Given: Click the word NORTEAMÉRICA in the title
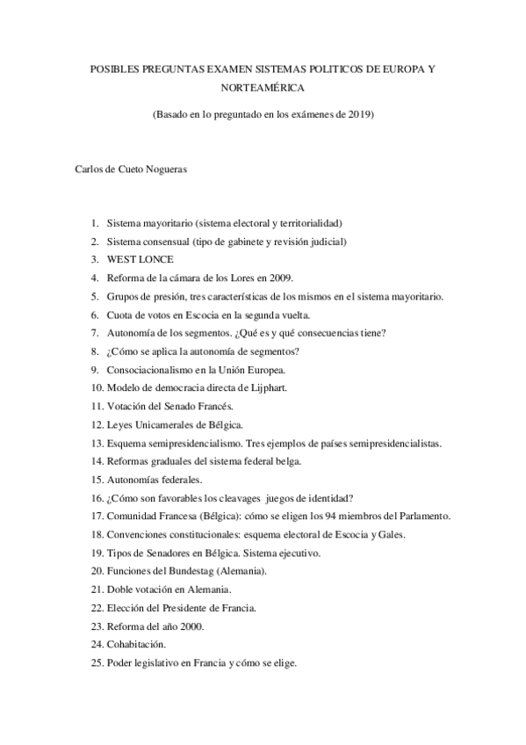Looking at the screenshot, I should pos(263,88).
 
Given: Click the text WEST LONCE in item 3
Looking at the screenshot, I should pos(141,259).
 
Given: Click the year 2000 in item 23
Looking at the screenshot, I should pos(190,626).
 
